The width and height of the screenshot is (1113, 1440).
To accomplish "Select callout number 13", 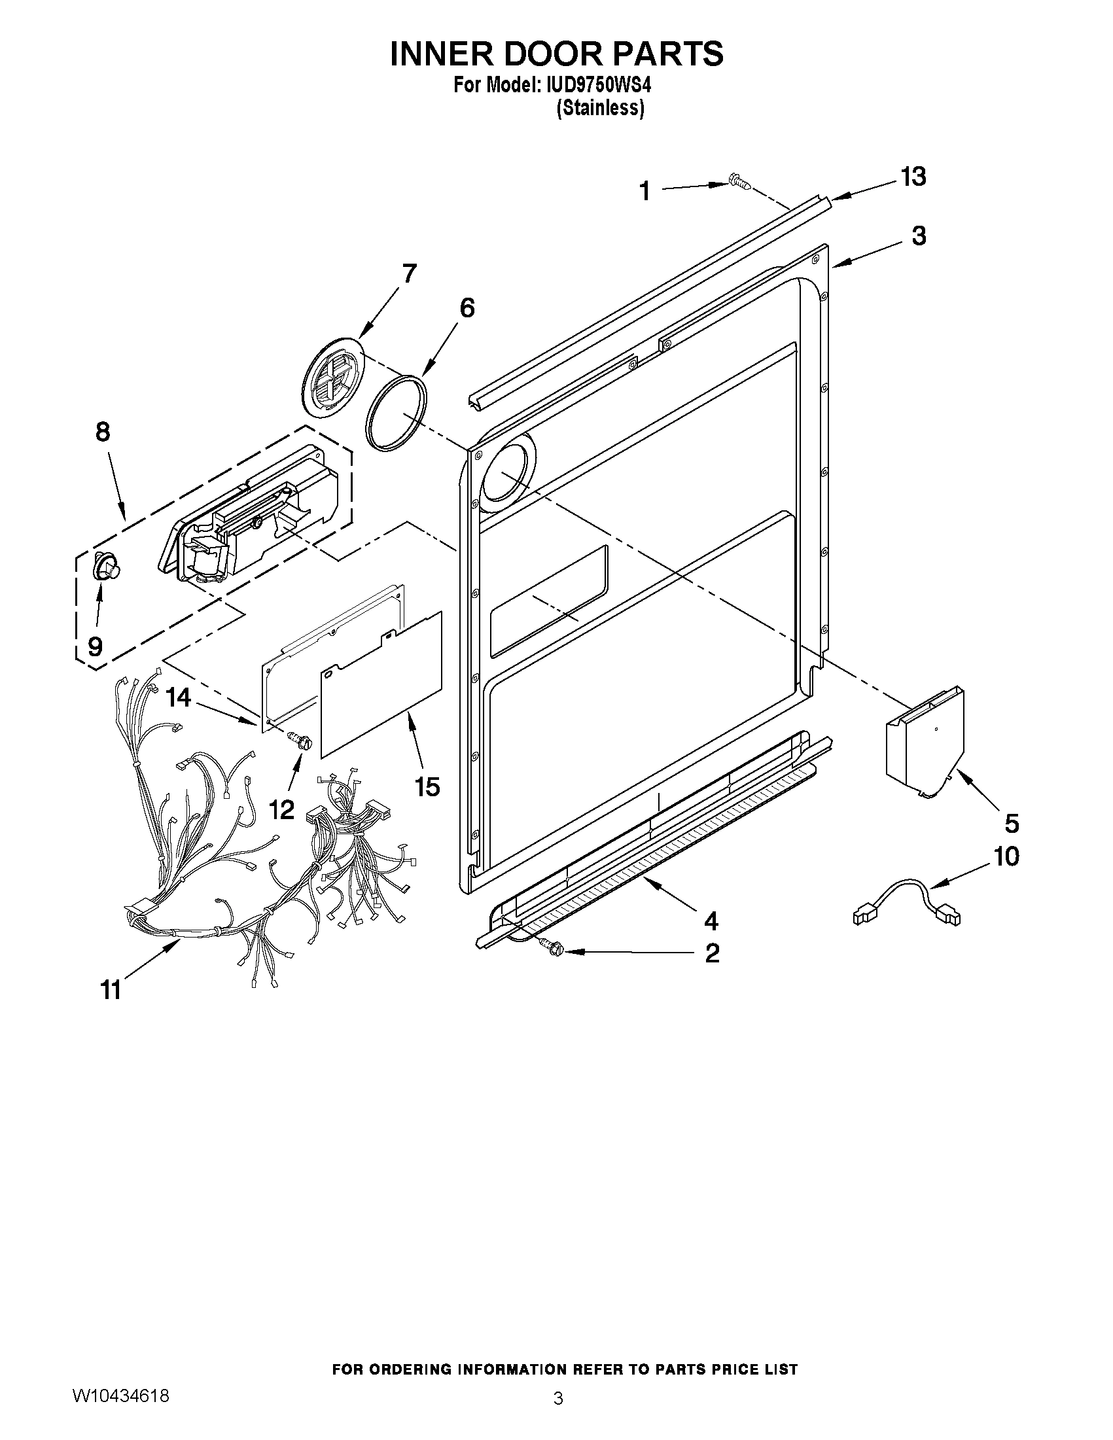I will [x=913, y=177].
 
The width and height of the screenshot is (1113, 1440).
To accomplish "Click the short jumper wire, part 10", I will [x=907, y=900].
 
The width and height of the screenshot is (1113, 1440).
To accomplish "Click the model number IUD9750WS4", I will [x=593, y=86].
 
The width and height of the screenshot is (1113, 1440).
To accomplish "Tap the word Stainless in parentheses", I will [x=600, y=107].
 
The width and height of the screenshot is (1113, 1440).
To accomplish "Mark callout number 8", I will [x=103, y=432].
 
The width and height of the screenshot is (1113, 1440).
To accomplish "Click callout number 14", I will [x=178, y=697].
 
